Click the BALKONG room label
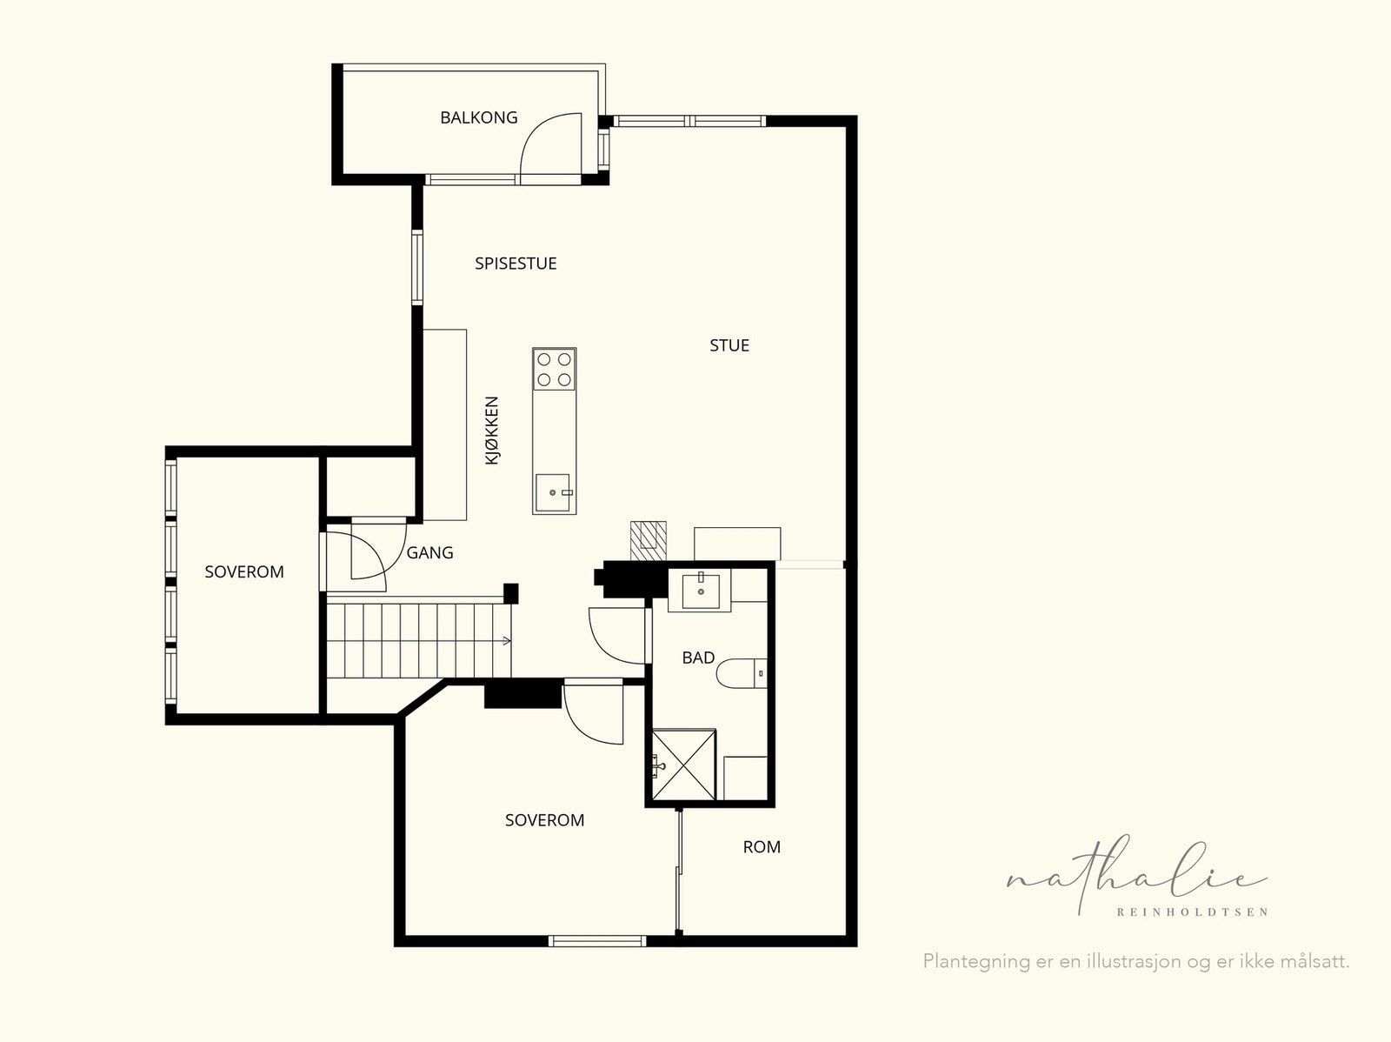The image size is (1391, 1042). click(x=478, y=117)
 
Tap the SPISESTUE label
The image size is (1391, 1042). click(x=516, y=264)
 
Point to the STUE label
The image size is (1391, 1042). click(x=729, y=345)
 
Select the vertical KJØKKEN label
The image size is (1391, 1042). click(x=492, y=431)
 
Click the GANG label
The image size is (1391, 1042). click(x=429, y=552)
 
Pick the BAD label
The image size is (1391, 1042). click(x=698, y=658)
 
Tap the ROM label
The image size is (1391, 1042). click(x=762, y=847)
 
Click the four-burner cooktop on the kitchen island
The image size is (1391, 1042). click(x=555, y=369)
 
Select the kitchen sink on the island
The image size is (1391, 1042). click(x=553, y=492)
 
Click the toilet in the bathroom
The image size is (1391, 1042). click(x=742, y=673)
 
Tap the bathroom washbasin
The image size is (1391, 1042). click(x=700, y=591)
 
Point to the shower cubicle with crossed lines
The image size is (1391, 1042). click(x=684, y=765)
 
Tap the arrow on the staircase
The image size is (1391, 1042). click(x=506, y=641)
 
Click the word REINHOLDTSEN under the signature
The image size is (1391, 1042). click(x=1192, y=912)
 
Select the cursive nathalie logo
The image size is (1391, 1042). click(x=1137, y=875)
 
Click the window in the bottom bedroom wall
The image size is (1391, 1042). click(x=597, y=941)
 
